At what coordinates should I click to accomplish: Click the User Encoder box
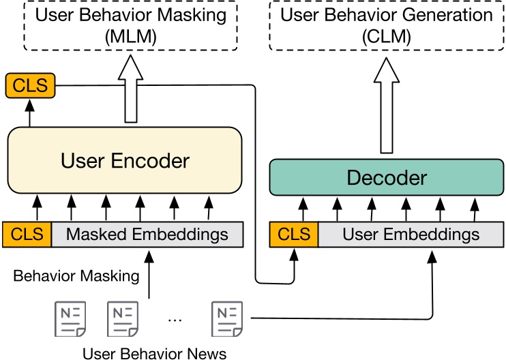point(125,160)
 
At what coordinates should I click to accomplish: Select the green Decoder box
point(386,178)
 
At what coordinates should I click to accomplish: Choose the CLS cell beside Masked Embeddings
point(27,235)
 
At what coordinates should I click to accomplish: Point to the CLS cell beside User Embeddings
point(294,235)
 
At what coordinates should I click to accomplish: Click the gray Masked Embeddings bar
point(147,235)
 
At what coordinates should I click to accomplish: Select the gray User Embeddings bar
point(411,235)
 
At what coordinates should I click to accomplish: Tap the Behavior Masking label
point(76,276)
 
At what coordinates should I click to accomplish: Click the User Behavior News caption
point(154,352)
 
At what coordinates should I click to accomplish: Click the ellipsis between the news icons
point(175,319)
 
